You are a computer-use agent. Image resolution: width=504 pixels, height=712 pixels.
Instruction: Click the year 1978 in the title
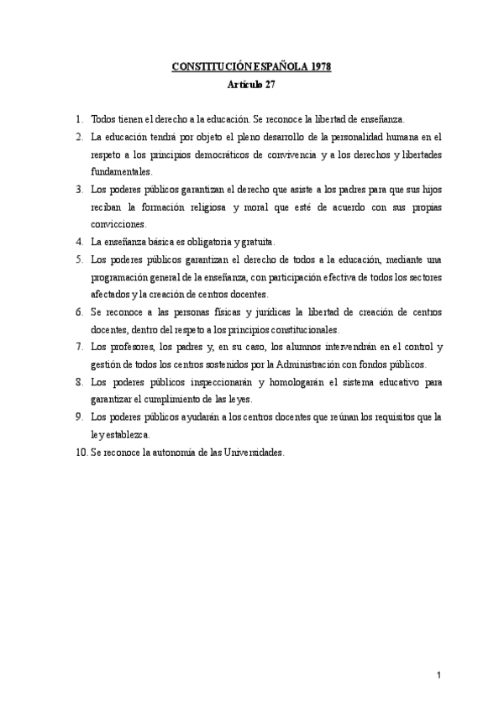(x=317, y=67)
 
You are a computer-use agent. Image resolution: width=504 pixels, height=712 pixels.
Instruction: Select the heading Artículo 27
(x=252, y=86)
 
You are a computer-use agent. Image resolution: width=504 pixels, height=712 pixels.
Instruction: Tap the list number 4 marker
(x=78, y=241)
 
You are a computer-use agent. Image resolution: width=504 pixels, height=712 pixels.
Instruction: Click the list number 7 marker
(x=78, y=346)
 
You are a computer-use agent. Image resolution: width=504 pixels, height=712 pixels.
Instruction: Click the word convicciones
(x=118, y=224)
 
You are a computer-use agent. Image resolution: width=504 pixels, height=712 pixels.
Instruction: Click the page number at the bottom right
(x=438, y=676)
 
